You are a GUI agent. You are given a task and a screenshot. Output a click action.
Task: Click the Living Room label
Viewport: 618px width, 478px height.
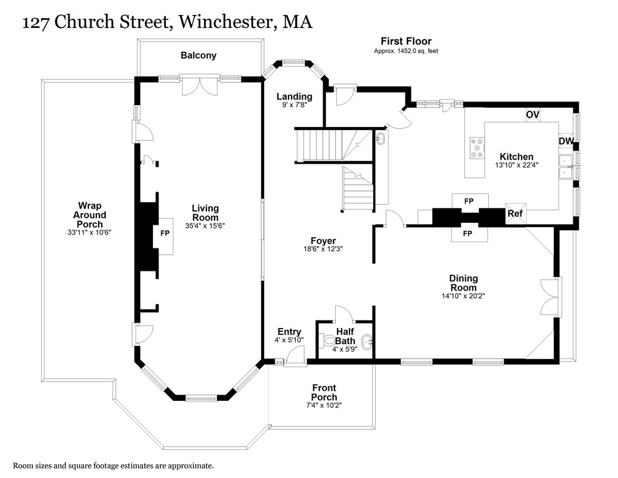[205, 213]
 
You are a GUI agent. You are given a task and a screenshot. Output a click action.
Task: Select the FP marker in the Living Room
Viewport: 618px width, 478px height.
[165, 233]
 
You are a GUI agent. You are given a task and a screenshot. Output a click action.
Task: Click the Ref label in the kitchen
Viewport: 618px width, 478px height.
[515, 213]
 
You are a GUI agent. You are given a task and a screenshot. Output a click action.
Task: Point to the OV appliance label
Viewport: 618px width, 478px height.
[532, 115]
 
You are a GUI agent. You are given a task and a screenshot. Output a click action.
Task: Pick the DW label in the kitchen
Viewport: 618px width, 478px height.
[565, 141]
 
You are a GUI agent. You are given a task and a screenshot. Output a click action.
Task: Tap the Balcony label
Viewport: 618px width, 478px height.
[198, 55]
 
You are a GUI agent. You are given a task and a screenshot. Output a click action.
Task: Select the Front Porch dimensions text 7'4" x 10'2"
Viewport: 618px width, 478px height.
[324, 405]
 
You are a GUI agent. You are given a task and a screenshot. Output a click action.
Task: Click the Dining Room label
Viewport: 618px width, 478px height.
[463, 283]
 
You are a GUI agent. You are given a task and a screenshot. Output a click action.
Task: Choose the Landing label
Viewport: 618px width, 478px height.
[294, 96]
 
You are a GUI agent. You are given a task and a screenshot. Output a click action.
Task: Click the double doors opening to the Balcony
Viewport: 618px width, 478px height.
[199, 86]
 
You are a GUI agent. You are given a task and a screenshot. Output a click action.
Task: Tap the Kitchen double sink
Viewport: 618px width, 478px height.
[566, 167]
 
